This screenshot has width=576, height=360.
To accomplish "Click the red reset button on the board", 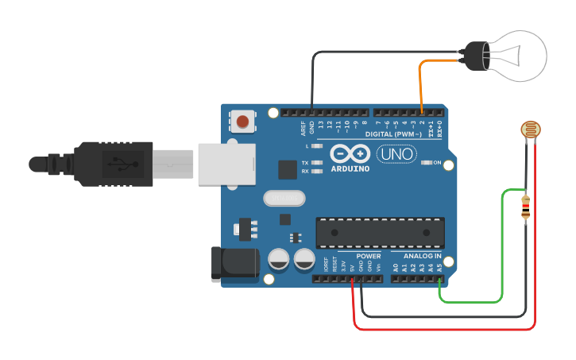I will [x=243, y=122].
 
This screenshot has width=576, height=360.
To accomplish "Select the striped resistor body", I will [x=525, y=207].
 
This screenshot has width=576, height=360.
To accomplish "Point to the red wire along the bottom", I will [x=445, y=328].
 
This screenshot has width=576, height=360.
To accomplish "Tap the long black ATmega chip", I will [x=380, y=231].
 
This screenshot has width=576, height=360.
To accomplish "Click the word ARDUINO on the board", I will [x=350, y=168].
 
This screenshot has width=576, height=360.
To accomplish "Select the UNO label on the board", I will [x=396, y=153].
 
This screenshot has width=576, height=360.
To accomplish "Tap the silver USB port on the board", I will [x=225, y=163].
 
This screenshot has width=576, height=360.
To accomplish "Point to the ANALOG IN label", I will [x=422, y=256].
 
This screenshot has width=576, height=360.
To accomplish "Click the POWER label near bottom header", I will [x=368, y=256].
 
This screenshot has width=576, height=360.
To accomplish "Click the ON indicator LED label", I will [x=435, y=163].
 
